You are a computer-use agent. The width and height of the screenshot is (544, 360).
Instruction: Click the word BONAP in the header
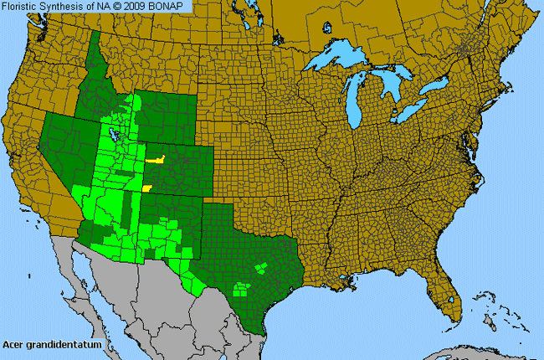click(171, 8)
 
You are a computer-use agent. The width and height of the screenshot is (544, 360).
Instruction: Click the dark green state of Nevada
click(67, 155)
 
